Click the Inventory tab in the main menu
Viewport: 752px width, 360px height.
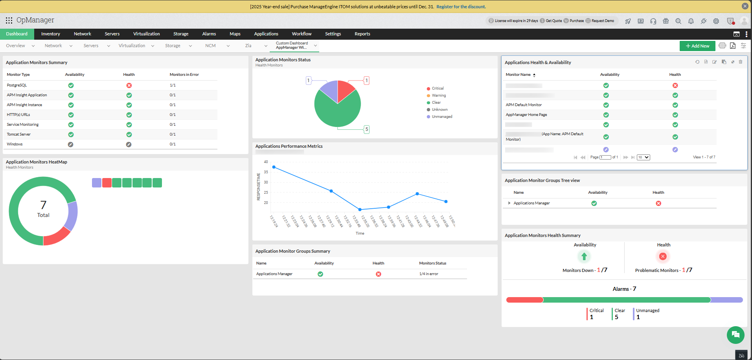50,34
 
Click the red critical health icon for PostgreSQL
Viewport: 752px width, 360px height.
129,85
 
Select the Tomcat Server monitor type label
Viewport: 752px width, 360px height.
18,134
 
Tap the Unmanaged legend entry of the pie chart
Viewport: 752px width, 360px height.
442,117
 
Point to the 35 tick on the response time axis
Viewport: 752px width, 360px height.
266,172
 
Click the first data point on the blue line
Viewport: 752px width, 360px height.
274,167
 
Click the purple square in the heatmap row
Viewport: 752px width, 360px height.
97,183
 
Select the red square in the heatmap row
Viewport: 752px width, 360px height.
107,183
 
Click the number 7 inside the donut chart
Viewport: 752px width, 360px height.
43,205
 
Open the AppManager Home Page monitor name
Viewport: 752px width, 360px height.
526,115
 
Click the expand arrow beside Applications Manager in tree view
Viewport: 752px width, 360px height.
509,203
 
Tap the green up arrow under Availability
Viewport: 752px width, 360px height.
584,257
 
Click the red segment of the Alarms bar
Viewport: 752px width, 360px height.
524,300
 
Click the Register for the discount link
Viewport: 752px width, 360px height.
461,7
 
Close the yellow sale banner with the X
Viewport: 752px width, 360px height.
745,6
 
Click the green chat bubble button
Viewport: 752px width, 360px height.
735,335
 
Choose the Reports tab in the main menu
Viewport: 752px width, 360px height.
362,34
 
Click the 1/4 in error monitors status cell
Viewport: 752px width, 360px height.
428,274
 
